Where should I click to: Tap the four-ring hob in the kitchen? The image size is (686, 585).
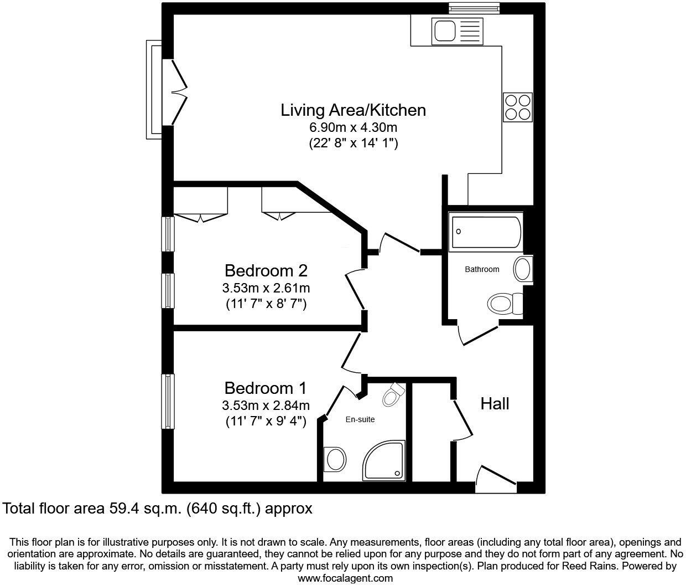tap(518, 107)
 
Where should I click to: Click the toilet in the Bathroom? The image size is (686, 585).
tap(505, 304)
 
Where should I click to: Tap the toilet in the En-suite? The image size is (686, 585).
tap(394, 395)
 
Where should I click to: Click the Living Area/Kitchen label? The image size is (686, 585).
tap(353, 110)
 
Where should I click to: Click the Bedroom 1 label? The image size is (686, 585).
tap(265, 387)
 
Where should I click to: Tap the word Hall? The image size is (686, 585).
tap(495, 403)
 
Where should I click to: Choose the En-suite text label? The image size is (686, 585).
tap(360, 419)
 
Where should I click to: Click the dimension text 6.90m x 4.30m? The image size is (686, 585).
tap(353, 127)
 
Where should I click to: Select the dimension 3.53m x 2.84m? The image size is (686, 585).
tap(266, 405)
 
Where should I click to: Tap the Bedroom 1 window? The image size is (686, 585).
tap(168, 401)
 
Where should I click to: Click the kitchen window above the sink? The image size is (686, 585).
tap(464, 8)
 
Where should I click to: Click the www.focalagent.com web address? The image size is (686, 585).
tap(345, 578)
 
